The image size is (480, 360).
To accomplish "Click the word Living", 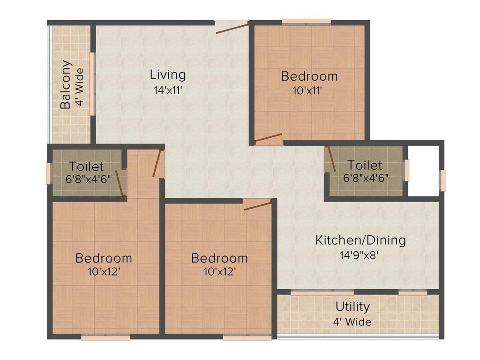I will [168, 75].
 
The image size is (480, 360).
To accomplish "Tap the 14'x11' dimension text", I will [168, 90].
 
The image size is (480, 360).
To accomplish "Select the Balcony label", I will [66, 84].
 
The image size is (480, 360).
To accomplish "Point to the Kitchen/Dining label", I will [360, 240].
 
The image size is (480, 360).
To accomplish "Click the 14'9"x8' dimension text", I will [360, 255].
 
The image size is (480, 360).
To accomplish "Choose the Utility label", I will [352, 307].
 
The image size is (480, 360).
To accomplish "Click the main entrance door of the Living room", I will [232, 27].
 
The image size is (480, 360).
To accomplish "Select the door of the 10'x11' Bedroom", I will [268, 138].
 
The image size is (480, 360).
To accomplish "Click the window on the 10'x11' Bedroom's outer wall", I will [306, 21].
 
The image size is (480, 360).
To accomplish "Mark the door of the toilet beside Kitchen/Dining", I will [330, 158].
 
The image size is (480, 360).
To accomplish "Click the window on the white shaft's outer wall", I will [442, 180].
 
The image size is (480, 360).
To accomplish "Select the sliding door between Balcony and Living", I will [92, 83].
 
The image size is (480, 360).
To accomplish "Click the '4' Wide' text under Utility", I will [352, 322].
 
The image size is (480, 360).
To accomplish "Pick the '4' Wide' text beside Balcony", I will [80, 87].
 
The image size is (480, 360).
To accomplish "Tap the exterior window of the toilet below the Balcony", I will [48, 173].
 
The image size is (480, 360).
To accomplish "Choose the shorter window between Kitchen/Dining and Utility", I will [412, 292].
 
